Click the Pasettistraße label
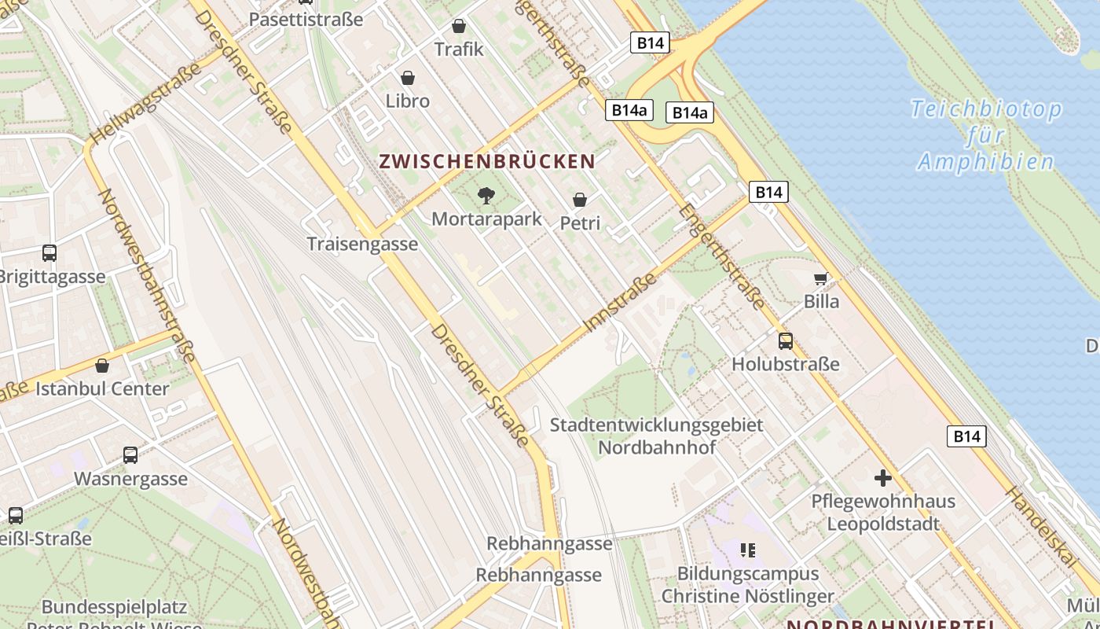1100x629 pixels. click(x=306, y=19)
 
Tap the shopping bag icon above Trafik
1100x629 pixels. click(x=459, y=26)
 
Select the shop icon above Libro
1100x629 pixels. click(x=408, y=78)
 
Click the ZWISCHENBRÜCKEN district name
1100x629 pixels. click(x=487, y=162)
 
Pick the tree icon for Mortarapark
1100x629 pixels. click(x=486, y=196)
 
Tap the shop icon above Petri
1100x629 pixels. click(x=580, y=200)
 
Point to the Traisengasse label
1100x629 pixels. click(x=362, y=244)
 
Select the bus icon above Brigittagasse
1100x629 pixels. click(x=49, y=253)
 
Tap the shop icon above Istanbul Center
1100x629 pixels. click(x=102, y=366)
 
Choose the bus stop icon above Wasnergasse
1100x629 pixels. click(x=130, y=455)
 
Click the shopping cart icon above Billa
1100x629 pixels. click(x=821, y=278)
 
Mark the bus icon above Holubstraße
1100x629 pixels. click(x=786, y=341)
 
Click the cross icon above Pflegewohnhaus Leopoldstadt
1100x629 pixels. click(x=883, y=477)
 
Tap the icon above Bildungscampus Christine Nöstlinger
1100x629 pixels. click(x=747, y=550)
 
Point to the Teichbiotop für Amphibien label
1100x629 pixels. click(x=987, y=135)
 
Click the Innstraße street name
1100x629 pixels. click(x=621, y=302)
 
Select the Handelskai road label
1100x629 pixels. click(x=1042, y=526)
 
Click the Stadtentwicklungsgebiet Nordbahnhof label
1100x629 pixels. click(x=657, y=436)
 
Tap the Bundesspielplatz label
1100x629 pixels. click(x=115, y=607)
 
